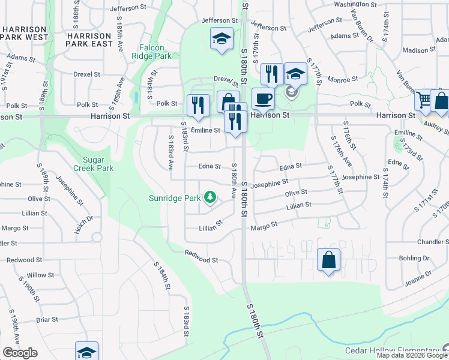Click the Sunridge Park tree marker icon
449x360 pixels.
tap(209, 197)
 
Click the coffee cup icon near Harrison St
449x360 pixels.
tap(262, 98)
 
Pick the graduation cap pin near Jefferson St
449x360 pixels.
tap(221, 39)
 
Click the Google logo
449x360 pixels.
tap(20, 353)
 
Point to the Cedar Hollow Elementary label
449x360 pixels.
tap(391, 351)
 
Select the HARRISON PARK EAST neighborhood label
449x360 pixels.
tap(89, 40)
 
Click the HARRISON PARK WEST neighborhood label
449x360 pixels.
tap(24, 33)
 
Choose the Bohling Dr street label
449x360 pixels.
tap(414, 258)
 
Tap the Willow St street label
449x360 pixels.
tap(40, 275)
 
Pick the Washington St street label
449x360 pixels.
tap(355, 4)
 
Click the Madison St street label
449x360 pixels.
tap(418, 50)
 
